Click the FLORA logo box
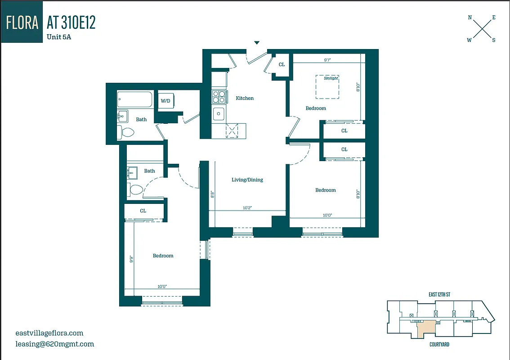click(x=22, y=22)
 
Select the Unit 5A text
click(x=59, y=37)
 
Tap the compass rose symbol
click(x=481, y=29)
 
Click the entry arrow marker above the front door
click(x=257, y=43)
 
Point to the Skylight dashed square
click(x=327, y=87)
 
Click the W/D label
click(x=166, y=101)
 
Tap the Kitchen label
click(x=245, y=98)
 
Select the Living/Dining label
click(x=247, y=180)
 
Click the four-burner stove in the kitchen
click(x=219, y=97)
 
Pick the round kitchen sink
click(x=219, y=114)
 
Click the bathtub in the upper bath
click(x=135, y=99)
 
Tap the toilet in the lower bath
click(x=135, y=189)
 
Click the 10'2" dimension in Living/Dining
click(x=247, y=208)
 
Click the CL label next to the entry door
click(x=282, y=65)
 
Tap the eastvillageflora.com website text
click(x=49, y=333)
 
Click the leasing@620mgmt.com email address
click(x=54, y=344)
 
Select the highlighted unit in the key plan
click(x=425, y=328)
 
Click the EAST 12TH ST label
click(x=439, y=295)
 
